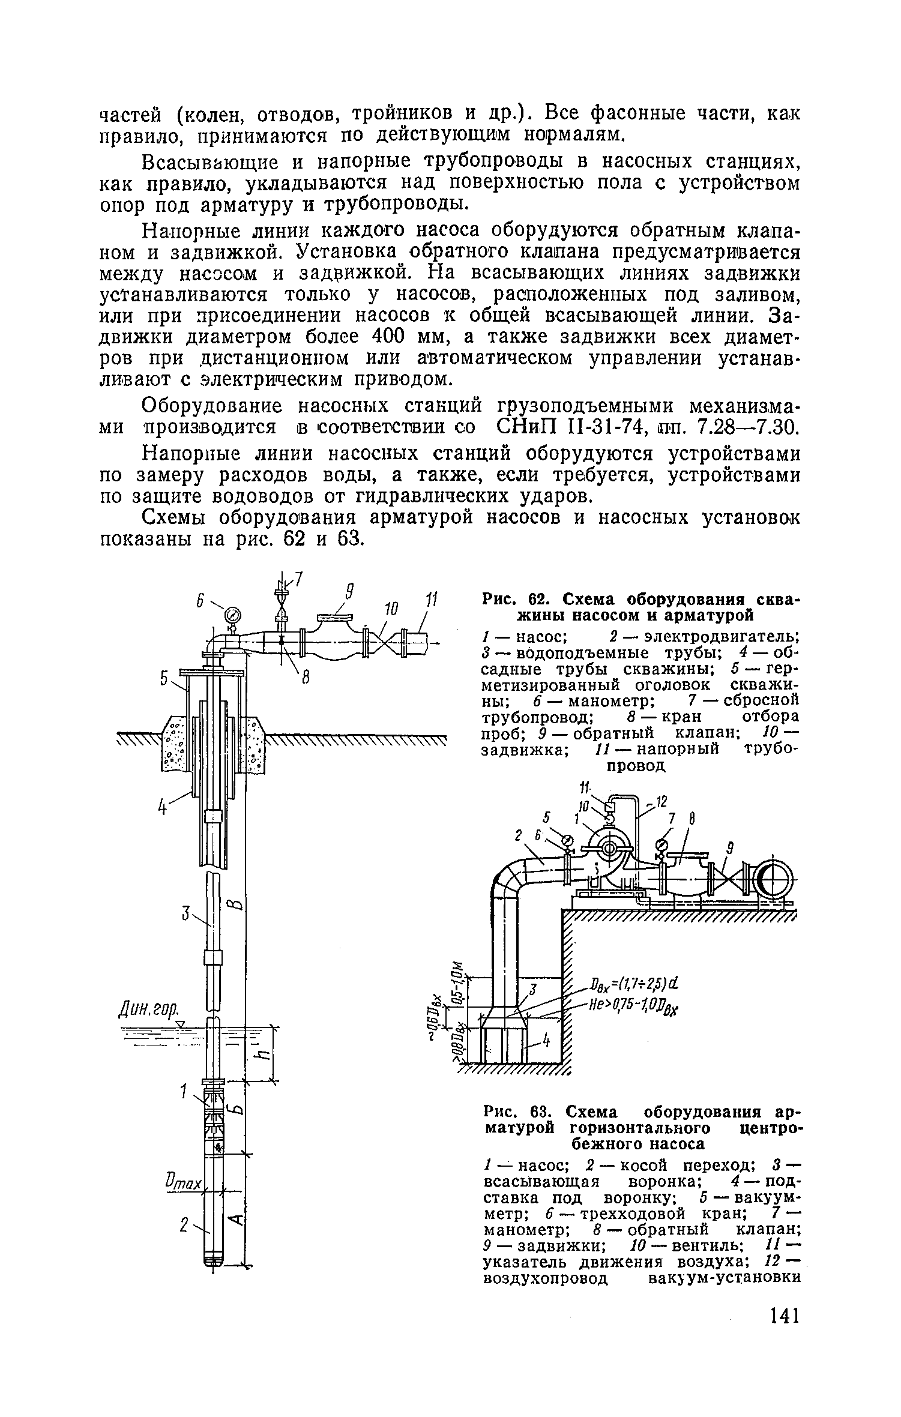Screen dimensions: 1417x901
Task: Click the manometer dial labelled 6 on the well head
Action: [232, 615]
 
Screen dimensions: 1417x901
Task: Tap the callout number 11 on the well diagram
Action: [431, 600]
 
